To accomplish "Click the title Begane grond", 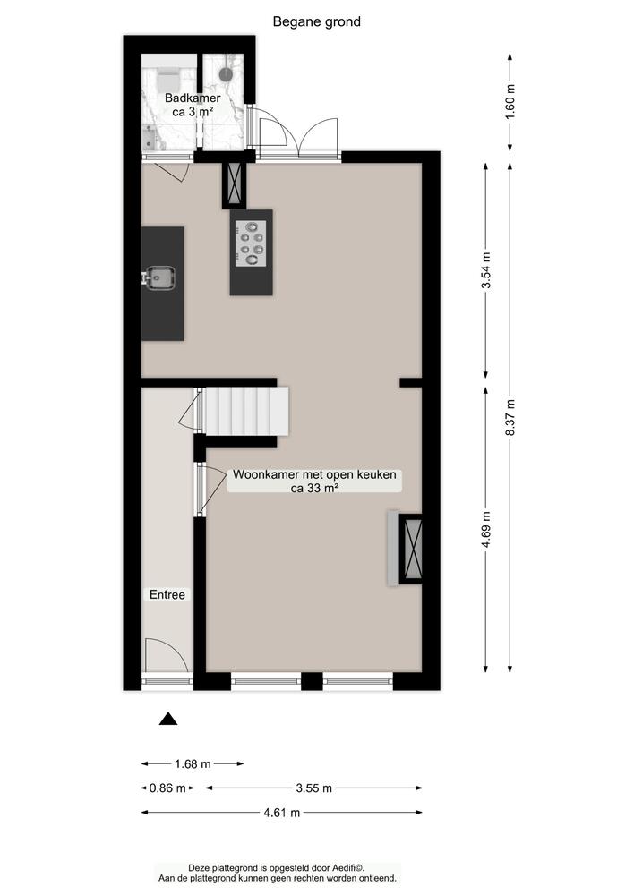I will pyautogui.click(x=317, y=21).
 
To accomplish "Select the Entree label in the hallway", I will pyautogui.click(x=167, y=594).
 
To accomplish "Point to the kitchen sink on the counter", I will pyautogui.click(x=158, y=279).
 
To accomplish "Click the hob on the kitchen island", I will pyautogui.click(x=251, y=243).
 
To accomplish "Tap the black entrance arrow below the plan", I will pyautogui.click(x=168, y=718).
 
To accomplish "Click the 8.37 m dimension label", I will pyautogui.click(x=510, y=417).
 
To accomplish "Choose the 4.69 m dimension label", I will pyautogui.click(x=485, y=528).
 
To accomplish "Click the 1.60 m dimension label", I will pyautogui.click(x=510, y=101).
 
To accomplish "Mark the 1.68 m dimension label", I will pyautogui.click(x=193, y=763).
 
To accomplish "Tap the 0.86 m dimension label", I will pyautogui.click(x=167, y=788).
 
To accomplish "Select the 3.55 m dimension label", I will pyautogui.click(x=313, y=788).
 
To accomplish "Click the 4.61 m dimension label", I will pyautogui.click(x=281, y=813).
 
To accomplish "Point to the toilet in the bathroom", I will pyautogui.click(x=167, y=76).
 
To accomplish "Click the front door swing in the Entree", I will pyautogui.click(x=167, y=655).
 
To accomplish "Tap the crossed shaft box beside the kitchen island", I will pyautogui.click(x=235, y=184).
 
